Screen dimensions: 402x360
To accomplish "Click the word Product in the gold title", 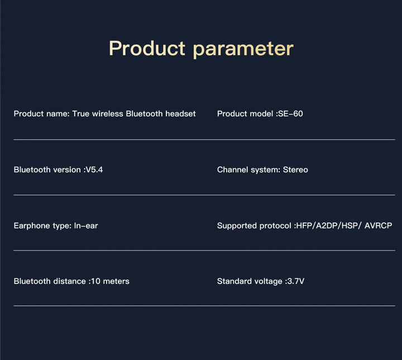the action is click(x=147, y=48).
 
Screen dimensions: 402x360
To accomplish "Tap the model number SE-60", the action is click(x=290, y=113).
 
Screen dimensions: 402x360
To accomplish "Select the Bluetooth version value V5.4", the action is click(x=94, y=169).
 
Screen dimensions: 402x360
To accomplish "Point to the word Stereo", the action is click(x=295, y=169).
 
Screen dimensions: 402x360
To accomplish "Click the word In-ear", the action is click(x=86, y=225).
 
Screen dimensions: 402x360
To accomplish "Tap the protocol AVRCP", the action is click(x=378, y=225).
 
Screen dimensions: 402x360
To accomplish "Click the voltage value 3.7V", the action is click(x=296, y=281).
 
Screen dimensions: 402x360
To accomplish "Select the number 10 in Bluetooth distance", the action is click(x=95, y=281).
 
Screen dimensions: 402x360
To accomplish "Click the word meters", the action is click(x=116, y=281).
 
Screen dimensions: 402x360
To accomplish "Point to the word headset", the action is click(x=180, y=113).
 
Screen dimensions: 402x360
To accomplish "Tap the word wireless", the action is click(x=107, y=113).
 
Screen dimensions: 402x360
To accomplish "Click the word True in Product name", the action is click(x=81, y=113).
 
